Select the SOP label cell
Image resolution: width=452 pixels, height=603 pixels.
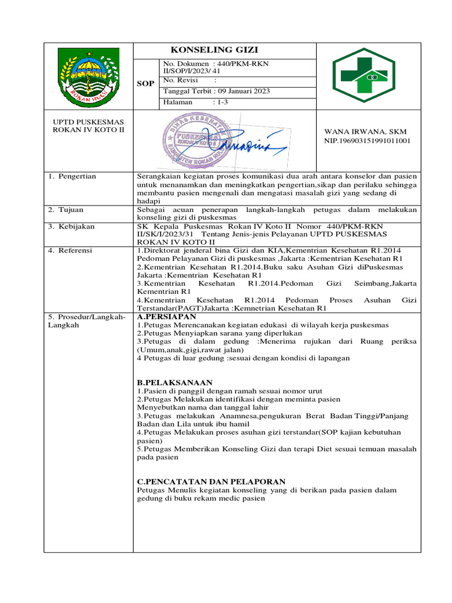click(145, 84)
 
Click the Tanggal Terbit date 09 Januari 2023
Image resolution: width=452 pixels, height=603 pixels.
click(208, 91)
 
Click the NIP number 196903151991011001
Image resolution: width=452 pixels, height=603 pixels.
click(368, 141)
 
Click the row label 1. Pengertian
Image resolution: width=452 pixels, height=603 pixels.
click(72, 176)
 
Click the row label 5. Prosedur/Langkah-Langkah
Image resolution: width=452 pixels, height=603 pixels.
click(87, 321)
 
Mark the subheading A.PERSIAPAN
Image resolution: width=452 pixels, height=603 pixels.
click(167, 317)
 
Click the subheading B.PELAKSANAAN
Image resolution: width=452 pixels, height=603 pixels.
click(175, 383)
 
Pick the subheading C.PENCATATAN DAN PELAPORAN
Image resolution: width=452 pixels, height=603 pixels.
click(211, 481)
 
